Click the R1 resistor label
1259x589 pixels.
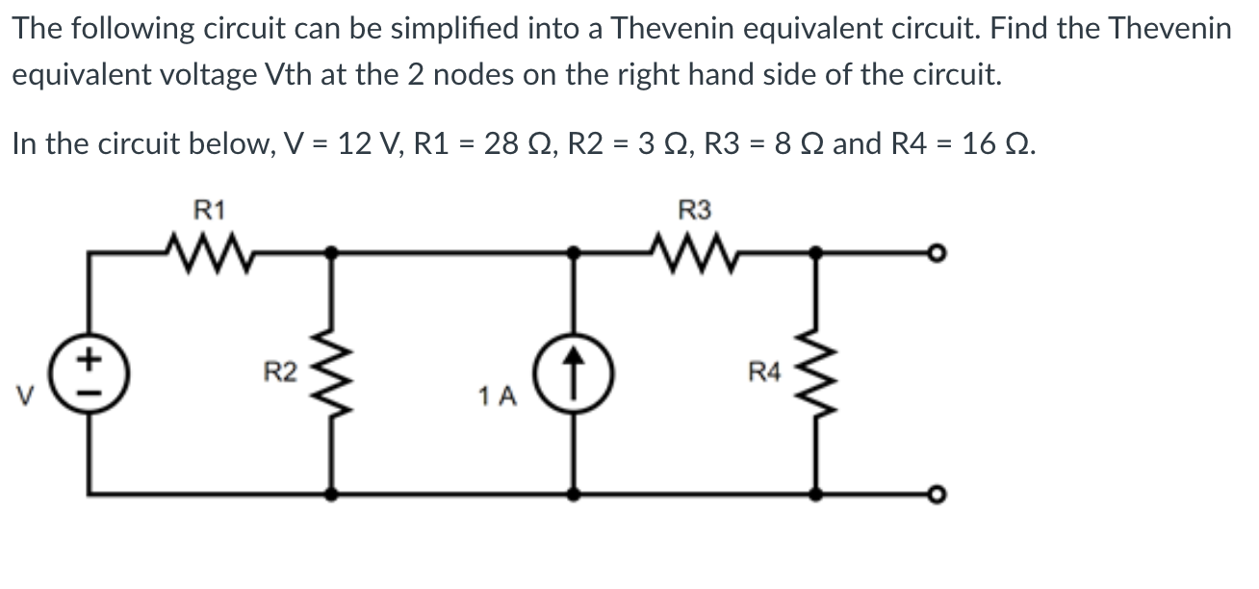pyautogui.click(x=209, y=209)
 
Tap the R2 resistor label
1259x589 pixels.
pyautogui.click(x=280, y=371)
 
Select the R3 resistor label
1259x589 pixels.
pyautogui.click(x=694, y=209)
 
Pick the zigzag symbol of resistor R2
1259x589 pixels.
pyautogui.click(x=333, y=372)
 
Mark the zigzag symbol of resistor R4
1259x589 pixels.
pyautogui.click(x=818, y=372)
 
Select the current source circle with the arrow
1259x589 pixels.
pyautogui.click(x=575, y=372)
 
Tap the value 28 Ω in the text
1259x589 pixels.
pyautogui.click(x=517, y=143)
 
